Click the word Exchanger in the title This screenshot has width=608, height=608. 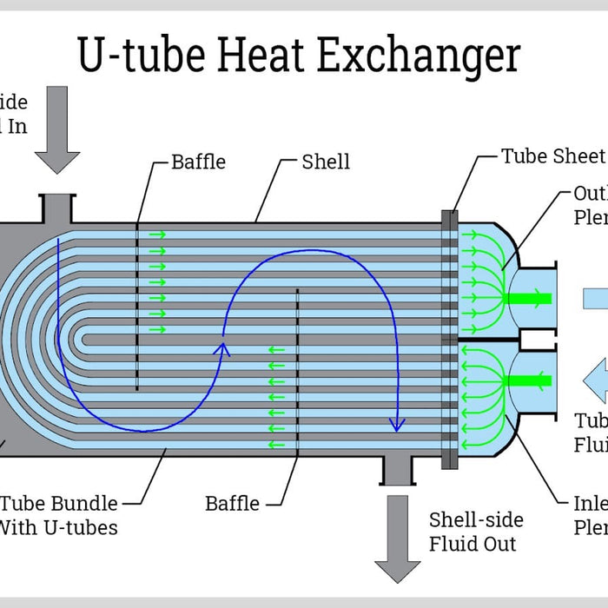(419, 56)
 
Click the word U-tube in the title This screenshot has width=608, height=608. (141, 56)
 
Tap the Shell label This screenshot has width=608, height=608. (326, 162)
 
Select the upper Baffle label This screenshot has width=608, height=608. (198, 162)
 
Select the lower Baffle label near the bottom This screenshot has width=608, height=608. (232, 503)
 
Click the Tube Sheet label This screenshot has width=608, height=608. (552, 156)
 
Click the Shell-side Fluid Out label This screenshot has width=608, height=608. (476, 532)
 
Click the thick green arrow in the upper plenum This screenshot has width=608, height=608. (528, 300)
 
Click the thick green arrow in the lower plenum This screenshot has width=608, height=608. (528, 380)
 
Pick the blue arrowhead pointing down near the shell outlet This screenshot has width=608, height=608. (397, 424)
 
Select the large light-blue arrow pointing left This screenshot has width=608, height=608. (596, 380)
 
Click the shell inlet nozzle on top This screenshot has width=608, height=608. (57, 208)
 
